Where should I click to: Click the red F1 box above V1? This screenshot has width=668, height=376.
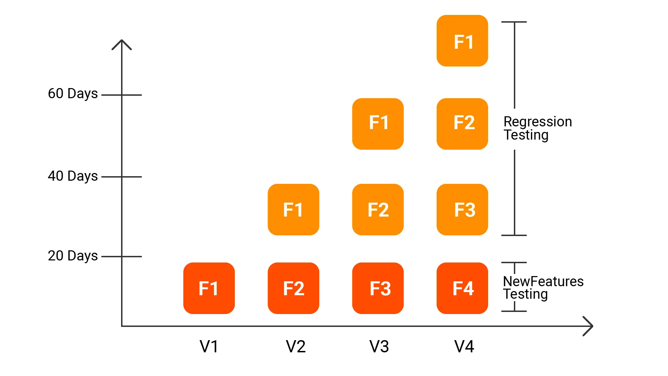tap(209, 288)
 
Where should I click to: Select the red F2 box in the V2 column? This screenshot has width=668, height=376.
tap(293, 288)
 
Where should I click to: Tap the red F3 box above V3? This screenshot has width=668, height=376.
tap(378, 288)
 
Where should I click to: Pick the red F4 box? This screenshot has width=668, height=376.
tap(462, 288)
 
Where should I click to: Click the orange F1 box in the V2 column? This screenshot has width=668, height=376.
tap(293, 210)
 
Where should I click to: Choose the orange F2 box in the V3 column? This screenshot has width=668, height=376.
tap(378, 210)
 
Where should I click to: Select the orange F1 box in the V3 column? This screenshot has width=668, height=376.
tap(378, 124)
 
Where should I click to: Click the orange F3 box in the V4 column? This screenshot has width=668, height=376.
tap(462, 210)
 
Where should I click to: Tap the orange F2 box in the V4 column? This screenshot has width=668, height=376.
tap(462, 124)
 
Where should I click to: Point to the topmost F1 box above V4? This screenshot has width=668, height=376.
tap(462, 41)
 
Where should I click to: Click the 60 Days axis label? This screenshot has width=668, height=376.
tap(73, 94)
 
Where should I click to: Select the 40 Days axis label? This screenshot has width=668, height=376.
tap(73, 176)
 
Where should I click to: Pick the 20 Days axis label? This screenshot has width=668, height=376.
tap(73, 256)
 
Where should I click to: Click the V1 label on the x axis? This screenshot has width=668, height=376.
tap(209, 346)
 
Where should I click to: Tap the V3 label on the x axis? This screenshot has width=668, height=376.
tap(379, 346)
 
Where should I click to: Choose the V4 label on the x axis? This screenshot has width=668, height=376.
tap(464, 346)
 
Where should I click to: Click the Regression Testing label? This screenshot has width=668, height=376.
tap(537, 128)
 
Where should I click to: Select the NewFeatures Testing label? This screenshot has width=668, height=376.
tap(543, 288)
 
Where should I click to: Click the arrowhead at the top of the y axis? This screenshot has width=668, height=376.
tap(121, 44)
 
